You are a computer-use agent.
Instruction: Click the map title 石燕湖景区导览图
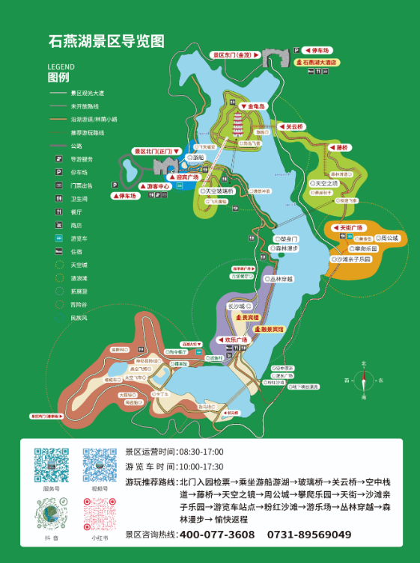coord(106,41)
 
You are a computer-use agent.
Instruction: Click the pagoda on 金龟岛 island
coord(240,123)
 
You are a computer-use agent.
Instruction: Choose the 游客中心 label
coord(157,185)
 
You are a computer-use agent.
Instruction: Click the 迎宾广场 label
coord(184,177)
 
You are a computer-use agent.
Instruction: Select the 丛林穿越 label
coord(281,278)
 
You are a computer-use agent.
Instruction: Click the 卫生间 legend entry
coord(78,198)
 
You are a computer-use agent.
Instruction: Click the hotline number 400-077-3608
coord(217,535)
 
